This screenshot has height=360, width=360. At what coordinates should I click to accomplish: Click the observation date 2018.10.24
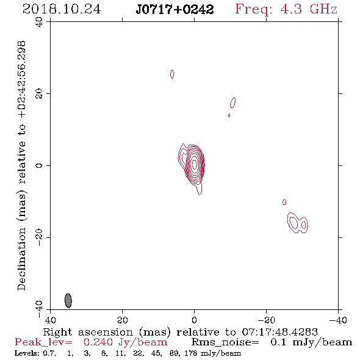[62, 9]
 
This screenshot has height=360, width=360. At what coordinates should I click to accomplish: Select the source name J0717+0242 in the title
[175, 10]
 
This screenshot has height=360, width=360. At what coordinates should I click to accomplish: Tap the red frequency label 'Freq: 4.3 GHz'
[286, 9]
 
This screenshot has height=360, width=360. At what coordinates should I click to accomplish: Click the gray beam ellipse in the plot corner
[68, 301]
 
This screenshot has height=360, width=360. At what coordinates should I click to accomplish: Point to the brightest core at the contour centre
[195, 164]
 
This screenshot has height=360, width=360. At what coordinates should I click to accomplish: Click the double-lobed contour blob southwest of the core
[298, 223]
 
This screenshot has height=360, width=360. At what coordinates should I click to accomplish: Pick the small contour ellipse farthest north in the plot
[172, 74]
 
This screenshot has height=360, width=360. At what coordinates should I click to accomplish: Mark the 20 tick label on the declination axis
[39, 94]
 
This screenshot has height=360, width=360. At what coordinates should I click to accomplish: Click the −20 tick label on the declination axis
[39, 237]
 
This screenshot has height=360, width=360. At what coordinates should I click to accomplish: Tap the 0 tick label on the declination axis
[39, 165]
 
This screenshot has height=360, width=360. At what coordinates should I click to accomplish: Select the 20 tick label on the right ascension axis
[122, 320]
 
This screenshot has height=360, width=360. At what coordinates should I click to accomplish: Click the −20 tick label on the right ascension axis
[266, 320]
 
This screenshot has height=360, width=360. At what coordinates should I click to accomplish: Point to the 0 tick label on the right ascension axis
[194, 320]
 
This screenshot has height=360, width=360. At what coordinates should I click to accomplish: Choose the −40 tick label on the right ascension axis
[338, 320]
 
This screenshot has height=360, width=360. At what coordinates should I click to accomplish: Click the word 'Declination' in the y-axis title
[21, 259]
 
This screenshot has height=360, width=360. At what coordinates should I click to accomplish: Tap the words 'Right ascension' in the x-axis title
[88, 332]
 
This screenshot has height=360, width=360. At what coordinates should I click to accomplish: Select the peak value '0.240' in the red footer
[98, 342]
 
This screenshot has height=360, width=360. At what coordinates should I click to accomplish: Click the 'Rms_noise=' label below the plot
[225, 342]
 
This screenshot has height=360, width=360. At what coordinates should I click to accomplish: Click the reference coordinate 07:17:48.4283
[280, 332]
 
